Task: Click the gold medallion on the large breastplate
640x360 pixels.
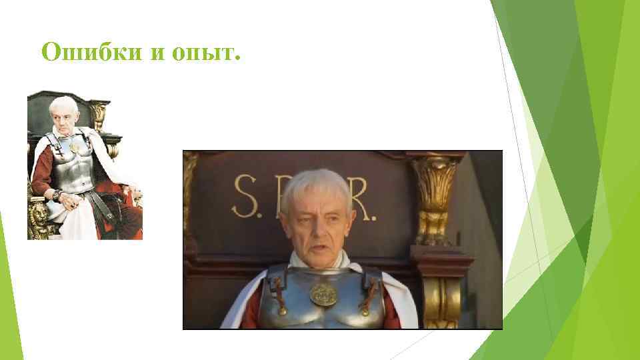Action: tap(323, 294)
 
